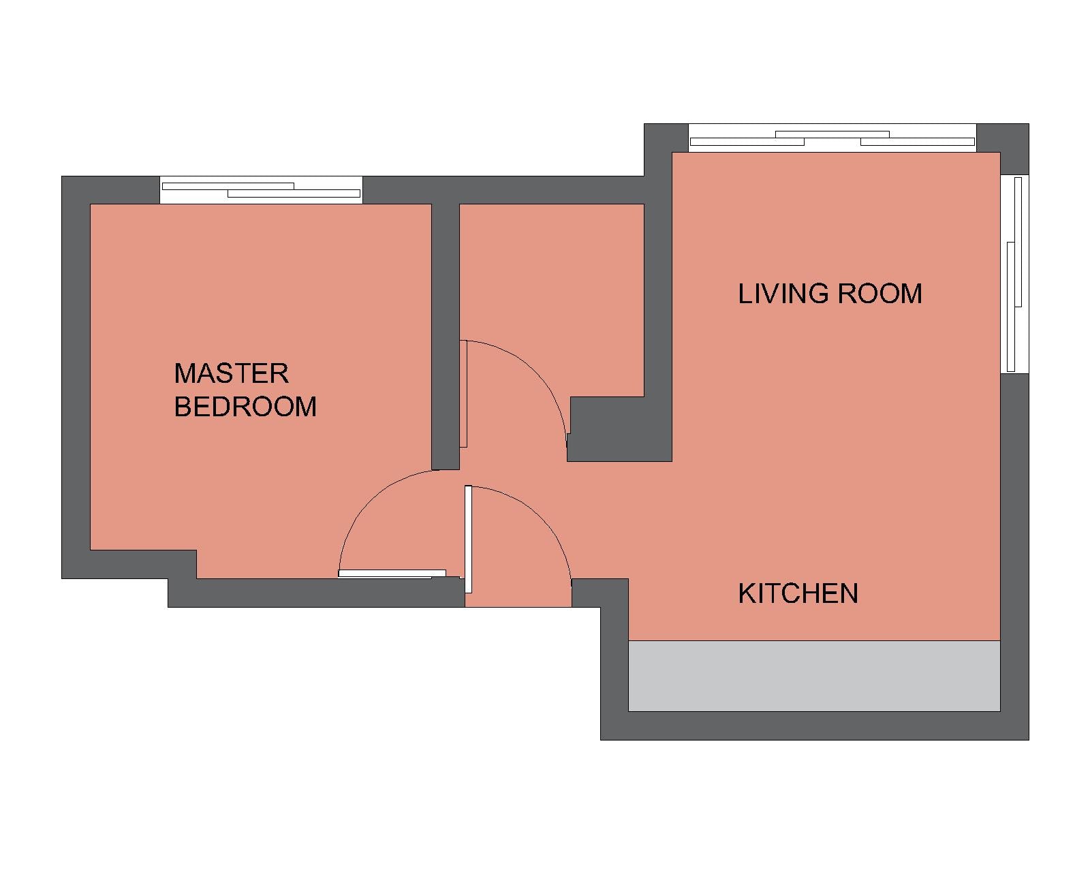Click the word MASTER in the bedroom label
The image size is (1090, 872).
click(231, 373)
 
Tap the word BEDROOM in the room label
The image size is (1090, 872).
click(245, 406)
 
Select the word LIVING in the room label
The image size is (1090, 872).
click(783, 294)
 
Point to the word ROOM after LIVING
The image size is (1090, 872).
click(879, 294)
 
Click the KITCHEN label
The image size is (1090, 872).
click(798, 593)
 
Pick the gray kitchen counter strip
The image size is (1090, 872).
click(814, 676)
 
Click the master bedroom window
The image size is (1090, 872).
click(262, 190)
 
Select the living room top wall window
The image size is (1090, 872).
click(832, 138)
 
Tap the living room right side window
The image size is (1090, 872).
click(1014, 274)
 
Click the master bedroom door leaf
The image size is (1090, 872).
click(392, 574)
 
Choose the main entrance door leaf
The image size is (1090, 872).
click(469, 539)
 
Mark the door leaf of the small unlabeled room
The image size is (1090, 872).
click(463, 394)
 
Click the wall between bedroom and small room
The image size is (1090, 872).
click(446, 337)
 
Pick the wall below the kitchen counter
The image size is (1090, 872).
click(815, 726)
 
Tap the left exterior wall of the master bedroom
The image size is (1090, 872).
click(76, 377)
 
